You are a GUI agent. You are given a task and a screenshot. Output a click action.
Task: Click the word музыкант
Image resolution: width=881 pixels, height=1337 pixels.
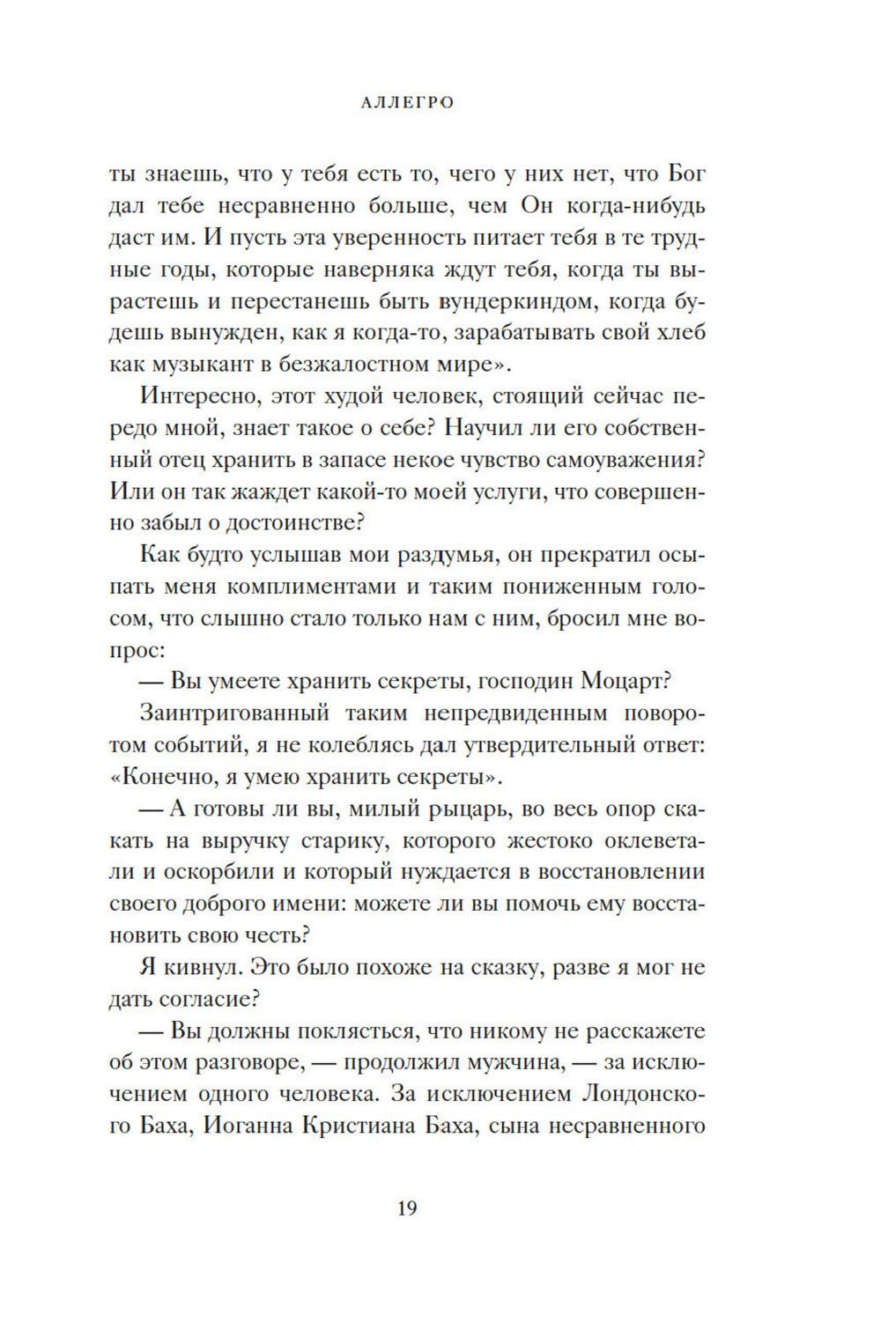[226, 365]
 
